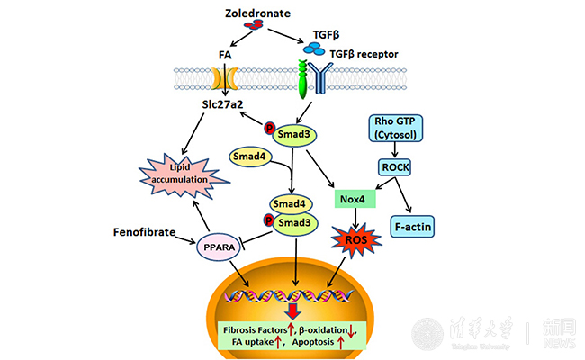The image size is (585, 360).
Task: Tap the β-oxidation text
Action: [x=328, y=329]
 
